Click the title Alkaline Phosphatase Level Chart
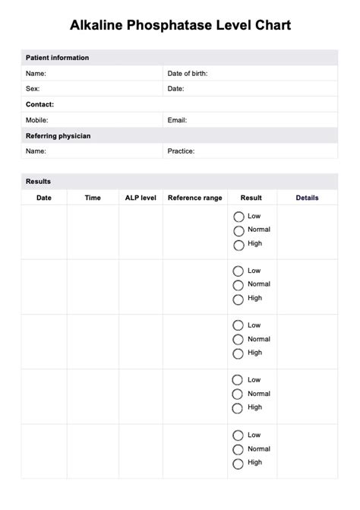(180, 26)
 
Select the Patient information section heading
(57, 58)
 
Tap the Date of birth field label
(188, 74)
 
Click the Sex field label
(33, 89)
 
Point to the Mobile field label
(36, 120)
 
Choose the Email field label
(177, 120)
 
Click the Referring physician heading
(58, 136)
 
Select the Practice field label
(181, 151)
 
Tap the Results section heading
(38, 182)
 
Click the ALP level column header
(141, 198)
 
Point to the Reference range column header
(195, 198)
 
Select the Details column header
(307, 198)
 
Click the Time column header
(93, 198)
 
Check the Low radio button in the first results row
(238, 217)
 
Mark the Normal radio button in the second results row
(238, 285)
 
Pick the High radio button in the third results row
(238, 353)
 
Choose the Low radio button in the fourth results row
(238, 380)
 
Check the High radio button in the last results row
(238, 463)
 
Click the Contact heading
(39, 105)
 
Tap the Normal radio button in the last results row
(238, 449)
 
